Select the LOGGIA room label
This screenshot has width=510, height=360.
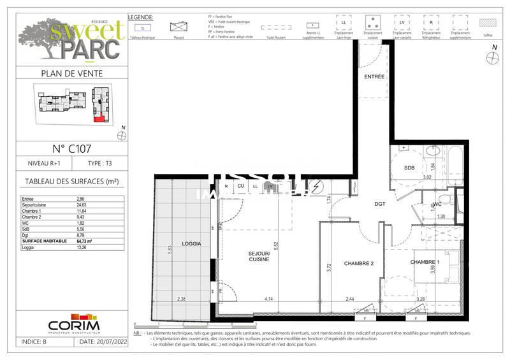(173, 244)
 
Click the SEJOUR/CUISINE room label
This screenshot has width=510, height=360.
(259, 257)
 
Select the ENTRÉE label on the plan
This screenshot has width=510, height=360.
(374, 76)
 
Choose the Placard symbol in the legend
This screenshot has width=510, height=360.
(178, 27)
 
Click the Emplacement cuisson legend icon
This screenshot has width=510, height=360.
(372, 24)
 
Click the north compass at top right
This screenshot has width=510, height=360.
(491, 57)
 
